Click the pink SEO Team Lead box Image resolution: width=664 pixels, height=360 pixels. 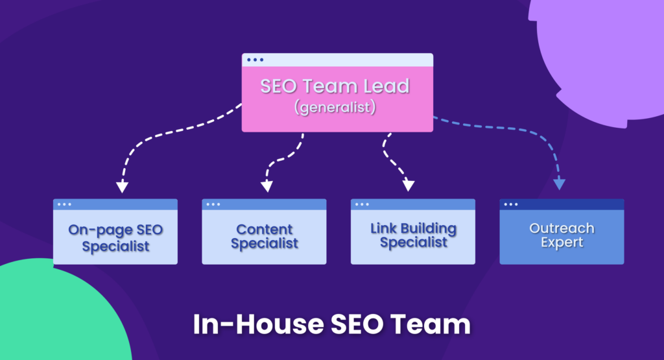(x=337, y=97)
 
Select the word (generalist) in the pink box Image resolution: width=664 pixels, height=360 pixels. (x=335, y=108)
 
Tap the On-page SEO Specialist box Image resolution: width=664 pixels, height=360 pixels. (x=115, y=237)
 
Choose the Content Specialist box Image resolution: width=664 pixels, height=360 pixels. (x=264, y=237)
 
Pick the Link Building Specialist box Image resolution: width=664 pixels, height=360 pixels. (x=413, y=237)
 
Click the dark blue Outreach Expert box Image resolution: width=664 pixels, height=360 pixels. (x=562, y=237)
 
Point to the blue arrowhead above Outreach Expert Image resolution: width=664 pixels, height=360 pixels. (x=560, y=184)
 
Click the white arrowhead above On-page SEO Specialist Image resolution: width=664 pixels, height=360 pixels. (x=122, y=187)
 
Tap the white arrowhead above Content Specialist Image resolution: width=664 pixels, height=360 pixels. (x=266, y=187)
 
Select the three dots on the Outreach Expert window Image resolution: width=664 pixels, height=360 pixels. (x=511, y=204)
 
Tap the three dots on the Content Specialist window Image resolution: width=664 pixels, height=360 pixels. (x=213, y=204)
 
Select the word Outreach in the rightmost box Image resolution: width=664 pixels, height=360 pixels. (x=562, y=229)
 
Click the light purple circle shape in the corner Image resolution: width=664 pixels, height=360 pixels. (x=603, y=52)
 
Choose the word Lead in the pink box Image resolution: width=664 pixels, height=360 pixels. (x=386, y=86)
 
